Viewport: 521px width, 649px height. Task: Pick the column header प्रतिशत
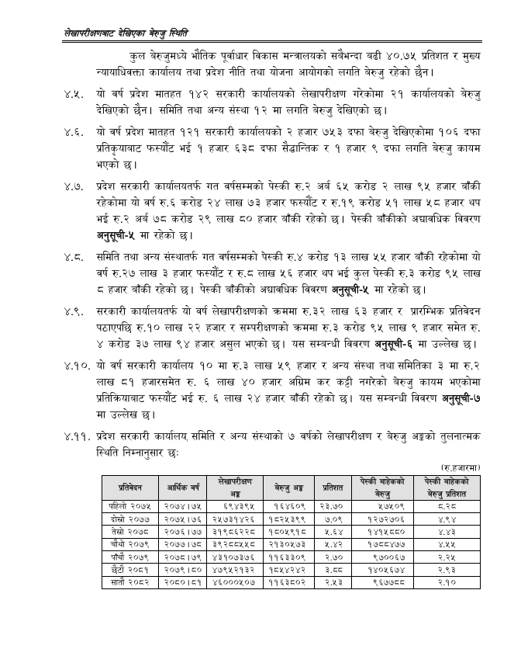332,488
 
